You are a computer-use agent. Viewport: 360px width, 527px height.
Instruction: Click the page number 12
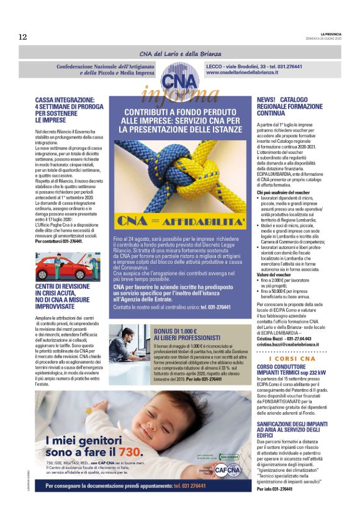pyautogui.click(x=23, y=37)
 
